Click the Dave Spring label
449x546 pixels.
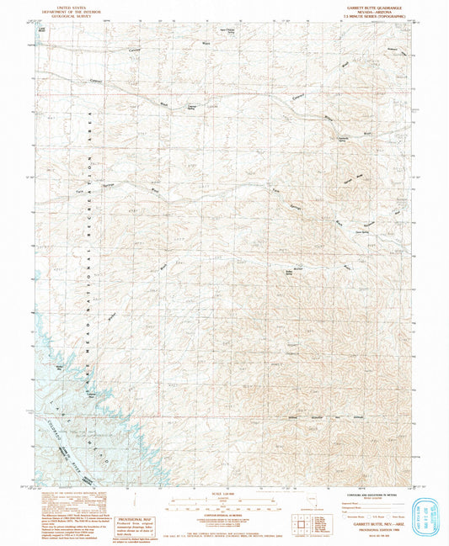365,225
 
